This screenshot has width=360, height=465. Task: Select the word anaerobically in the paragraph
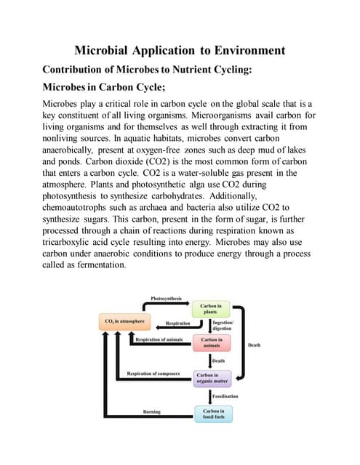coord(76,150)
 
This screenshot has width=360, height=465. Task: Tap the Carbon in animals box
coord(212,341)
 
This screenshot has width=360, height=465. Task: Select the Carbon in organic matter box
coord(212,379)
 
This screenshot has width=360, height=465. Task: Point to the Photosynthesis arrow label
coord(167,299)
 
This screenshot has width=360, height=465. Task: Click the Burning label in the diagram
coord(151,412)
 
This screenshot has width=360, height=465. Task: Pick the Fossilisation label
coord(225,397)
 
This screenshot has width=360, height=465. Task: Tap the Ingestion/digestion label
coord(223,325)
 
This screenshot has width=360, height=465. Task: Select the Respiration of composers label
coord(153,373)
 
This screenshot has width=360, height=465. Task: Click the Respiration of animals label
coord(159,339)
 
